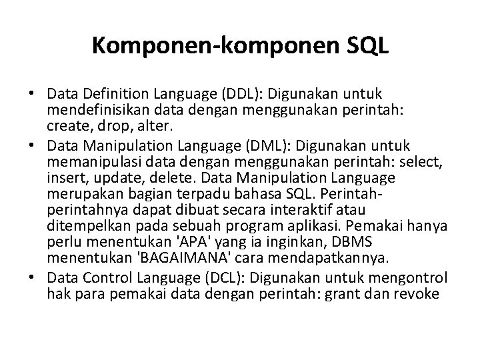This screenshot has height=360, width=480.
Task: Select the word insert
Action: coord(65,178)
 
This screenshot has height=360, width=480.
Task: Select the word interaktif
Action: coord(331,211)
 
